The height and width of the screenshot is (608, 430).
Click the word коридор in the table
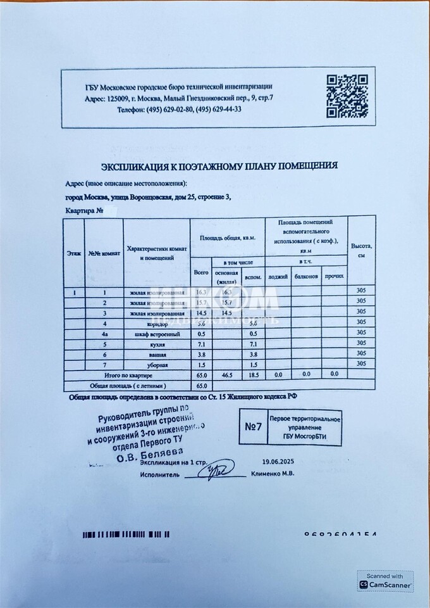pos(157,323)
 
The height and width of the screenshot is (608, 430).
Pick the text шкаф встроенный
pos(157,334)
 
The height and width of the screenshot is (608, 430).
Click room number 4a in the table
pos(105,334)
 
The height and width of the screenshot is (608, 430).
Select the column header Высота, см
pos(362,250)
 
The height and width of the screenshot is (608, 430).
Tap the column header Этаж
pos(73,252)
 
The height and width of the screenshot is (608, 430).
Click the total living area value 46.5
pos(229,375)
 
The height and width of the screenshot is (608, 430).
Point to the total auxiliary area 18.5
pos(253,375)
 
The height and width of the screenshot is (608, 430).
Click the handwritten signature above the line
pos(218,469)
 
